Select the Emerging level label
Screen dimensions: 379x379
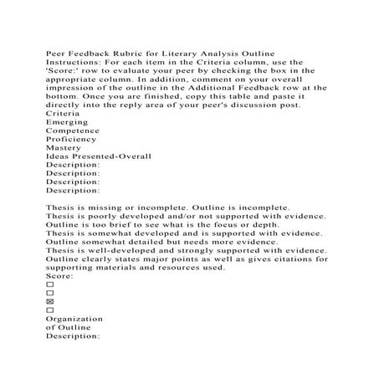tap(67, 121)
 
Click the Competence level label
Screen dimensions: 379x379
tap(73, 131)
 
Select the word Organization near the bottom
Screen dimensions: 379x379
tap(74, 319)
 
